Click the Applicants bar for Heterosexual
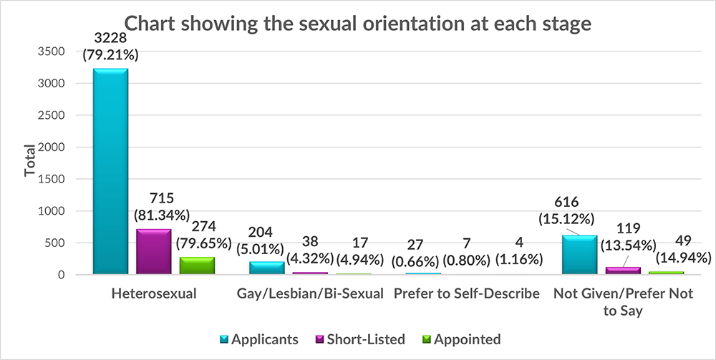(110, 172)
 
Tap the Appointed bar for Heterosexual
(197, 266)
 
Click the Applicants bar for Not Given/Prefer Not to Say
(579, 255)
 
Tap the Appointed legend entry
(465, 339)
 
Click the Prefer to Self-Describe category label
(466, 294)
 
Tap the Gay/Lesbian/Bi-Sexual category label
(309, 294)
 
